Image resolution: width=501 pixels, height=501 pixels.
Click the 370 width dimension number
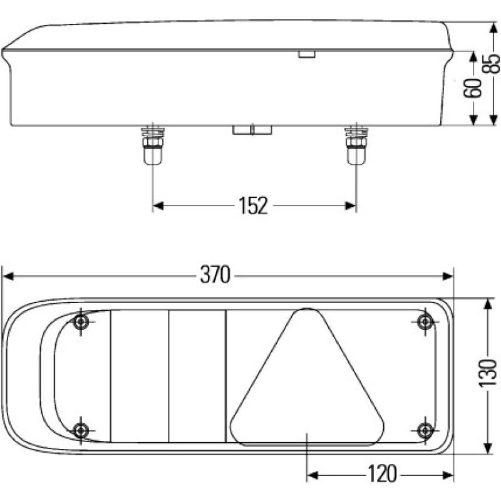tap(215, 274)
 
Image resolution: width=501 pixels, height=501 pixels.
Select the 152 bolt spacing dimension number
tap(253, 205)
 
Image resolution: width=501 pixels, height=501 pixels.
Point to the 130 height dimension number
tap(492, 376)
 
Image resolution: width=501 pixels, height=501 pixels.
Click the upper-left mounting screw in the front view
tap(81, 323)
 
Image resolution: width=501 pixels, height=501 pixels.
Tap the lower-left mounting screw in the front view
tap(81, 430)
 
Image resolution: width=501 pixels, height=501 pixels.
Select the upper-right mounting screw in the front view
tap(425, 323)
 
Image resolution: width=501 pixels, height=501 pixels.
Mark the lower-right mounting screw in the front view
tap(425, 430)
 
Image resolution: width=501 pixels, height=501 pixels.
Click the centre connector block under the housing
tap(252, 130)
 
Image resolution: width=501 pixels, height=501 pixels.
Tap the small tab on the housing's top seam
tap(306, 54)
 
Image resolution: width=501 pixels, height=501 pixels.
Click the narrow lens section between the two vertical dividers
tap(197, 376)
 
